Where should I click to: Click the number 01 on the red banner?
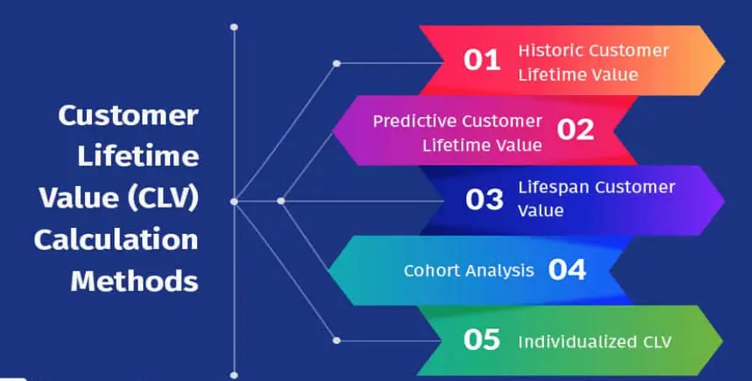pos(482,61)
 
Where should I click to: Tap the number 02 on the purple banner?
pos(575,130)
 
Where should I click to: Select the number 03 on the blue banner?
pos(484,200)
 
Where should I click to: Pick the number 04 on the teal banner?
pos(567,270)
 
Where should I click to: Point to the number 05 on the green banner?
pos(482,340)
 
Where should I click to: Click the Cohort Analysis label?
pos(468,271)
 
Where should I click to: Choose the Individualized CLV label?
pos(594,341)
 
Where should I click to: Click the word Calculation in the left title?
pos(116,240)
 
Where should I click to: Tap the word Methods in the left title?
pos(135,280)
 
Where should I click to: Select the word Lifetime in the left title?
pos(138,156)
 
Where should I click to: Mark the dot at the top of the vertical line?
pos(234,27)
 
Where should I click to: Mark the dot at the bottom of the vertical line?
pos(234,374)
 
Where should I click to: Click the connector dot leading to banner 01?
pos(337,63)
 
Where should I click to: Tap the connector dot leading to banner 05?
pos(337,340)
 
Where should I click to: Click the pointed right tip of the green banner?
pos(722,340)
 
